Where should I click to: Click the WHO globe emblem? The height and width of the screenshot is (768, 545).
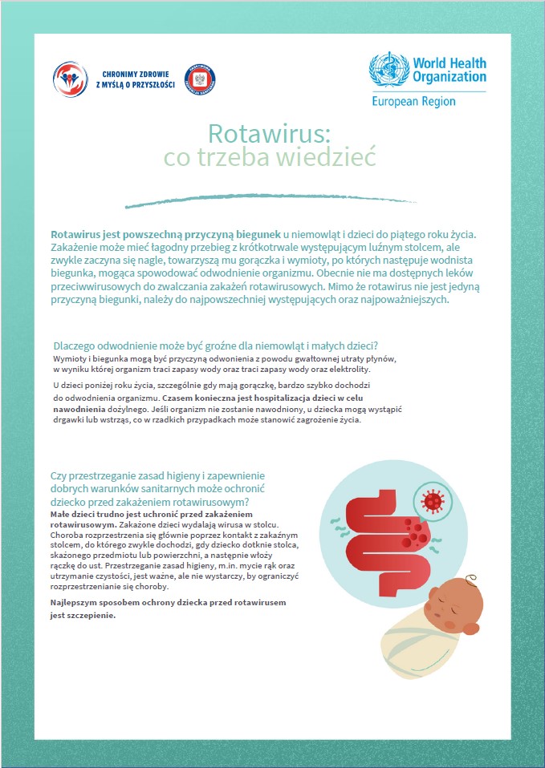click(x=388, y=70)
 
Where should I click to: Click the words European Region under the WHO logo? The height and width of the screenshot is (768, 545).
click(x=413, y=102)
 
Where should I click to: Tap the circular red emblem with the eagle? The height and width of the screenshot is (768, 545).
click(x=200, y=78)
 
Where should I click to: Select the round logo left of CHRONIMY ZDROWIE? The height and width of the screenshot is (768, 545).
click(x=70, y=78)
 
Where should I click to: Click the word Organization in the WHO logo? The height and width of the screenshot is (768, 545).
click(x=449, y=77)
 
